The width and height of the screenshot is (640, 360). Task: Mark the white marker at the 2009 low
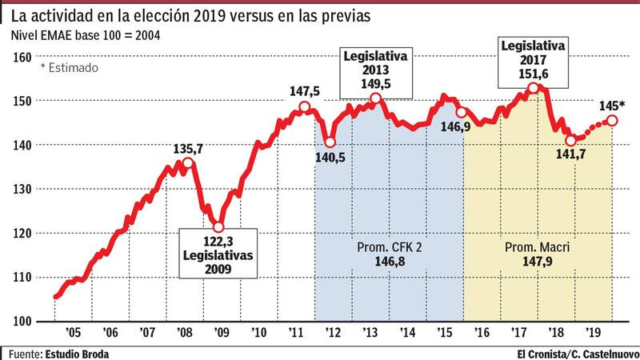(x=218, y=226)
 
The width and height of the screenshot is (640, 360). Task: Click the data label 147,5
(x=305, y=93)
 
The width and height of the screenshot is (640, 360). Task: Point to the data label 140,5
(x=330, y=158)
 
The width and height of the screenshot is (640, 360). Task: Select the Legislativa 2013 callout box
(x=376, y=70)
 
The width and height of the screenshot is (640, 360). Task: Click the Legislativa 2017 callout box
(x=533, y=60)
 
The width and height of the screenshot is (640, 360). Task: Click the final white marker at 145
(x=612, y=120)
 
